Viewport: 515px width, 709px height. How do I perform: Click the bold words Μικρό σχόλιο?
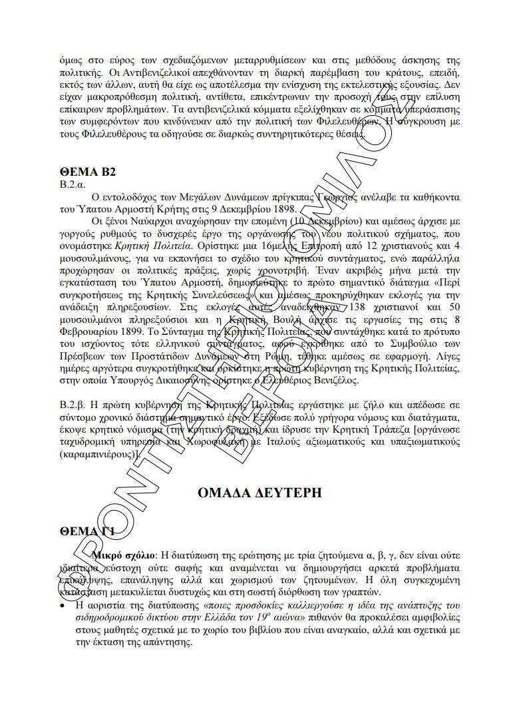tap(124, 555)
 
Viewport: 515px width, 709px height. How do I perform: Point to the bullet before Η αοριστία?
tap(63, 606)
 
